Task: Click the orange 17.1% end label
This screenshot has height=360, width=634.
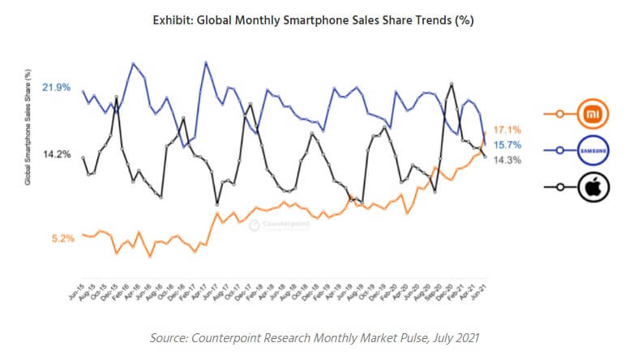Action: coord(507,130)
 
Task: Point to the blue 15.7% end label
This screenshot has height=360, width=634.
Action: coord(507,145)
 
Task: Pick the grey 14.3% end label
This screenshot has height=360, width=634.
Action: coord(507,160)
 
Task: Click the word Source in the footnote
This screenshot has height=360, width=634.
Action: coord(172,336)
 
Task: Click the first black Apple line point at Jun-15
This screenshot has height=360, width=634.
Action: coord(83,158)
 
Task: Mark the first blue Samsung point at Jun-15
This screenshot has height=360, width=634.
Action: coord(83,91)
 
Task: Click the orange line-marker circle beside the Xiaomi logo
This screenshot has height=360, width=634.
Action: coord(559,115)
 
